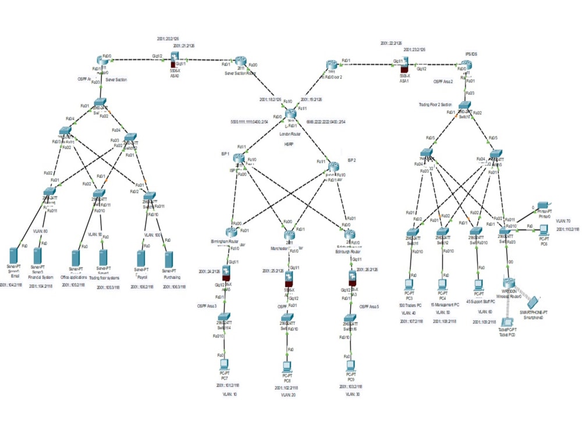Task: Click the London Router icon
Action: pyautogui.click(x=291, y=114)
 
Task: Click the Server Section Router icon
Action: pyautogui.click(x=242, y=62)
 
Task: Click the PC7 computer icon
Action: pyautogui.click(x=223, y=365)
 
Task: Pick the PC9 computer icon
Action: pyautogui.click(x=350, y=366)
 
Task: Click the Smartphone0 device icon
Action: pyautogui.click(x=534, y=302)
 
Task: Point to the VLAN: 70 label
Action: pyautogui.click(x=563, y=221)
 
